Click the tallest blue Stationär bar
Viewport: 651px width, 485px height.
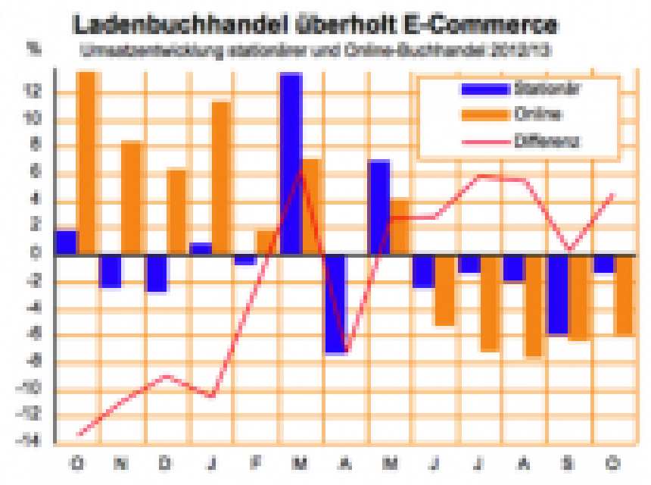pyautogui.click(x=291, y=163)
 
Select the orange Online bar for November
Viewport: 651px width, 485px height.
pyautogui.click(x=131, y=197)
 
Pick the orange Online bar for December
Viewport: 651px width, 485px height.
pyautogui.click(x=176, y=211)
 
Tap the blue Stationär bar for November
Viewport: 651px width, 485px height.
pyautogui.click(x=111, y=271)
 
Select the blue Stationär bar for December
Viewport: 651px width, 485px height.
pyautogui.click(x=156, y=273)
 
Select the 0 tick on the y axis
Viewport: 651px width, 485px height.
pyautogui.click(x=35, y=254)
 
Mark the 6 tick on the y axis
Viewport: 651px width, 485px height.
pyautogui.click(x=35, y=172)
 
